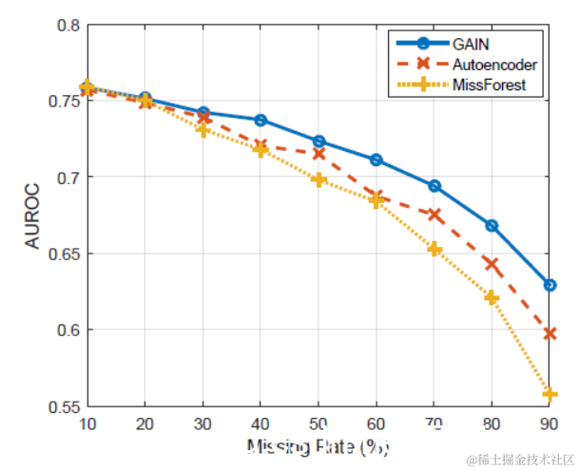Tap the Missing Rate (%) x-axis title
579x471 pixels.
pyautogui.click(x=318, y=446)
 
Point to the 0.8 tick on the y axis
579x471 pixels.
pyautogui.click(x=68, y=25)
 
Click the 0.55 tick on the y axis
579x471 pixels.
pyautogui.click(x=65, y=406)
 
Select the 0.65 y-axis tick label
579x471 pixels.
pyautogui.click(x=65, y=254)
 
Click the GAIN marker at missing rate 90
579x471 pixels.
pyautogui.click(x=550, y=285)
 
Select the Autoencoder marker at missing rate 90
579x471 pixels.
pyautogui.click(x=550, y=333)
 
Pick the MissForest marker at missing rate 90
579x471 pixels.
pyautogui.click(x=550, y=393)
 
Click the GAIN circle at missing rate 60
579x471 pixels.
pyautogui.click(x=376, y=160)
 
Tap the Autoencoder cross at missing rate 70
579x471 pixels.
pyautogui.click(x=434, y=215)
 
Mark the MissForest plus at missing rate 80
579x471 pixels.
pyautogui.click(x=492, y=297)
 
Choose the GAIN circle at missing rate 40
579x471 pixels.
pyautogui.click(x=261, y=120)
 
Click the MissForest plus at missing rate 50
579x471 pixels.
pyautogui.click(x=318, y=179)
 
